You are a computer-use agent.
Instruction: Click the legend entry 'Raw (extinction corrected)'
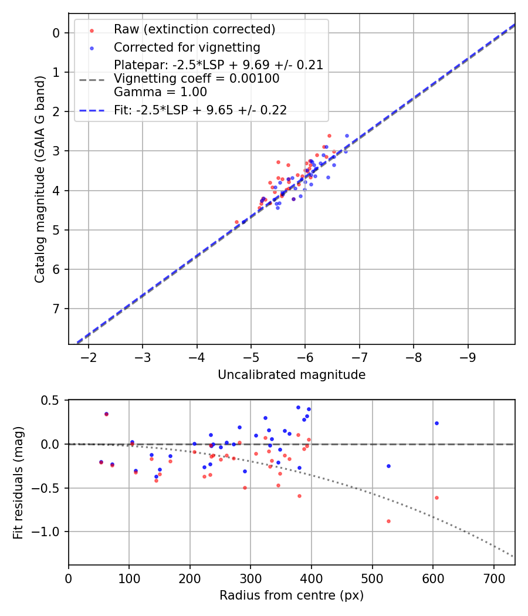(194, 29)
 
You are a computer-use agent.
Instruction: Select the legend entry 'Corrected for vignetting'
(187, 47)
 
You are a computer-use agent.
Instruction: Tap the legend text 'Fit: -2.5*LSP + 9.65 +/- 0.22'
(200, 110)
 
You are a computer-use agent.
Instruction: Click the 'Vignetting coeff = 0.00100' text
(197, 79)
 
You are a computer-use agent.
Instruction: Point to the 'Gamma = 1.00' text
(160, 92)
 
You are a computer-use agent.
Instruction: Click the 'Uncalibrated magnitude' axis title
(292, 375)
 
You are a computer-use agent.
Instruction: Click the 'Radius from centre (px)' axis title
(292, 595)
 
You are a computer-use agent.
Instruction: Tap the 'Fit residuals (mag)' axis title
(19, 482)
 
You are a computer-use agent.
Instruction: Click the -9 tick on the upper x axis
(468, 357)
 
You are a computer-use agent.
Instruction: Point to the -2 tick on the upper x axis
(89, 357)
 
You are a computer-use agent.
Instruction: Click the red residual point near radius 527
(388, 521)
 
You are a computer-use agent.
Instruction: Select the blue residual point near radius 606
(436, 423)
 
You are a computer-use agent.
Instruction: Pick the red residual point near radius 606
(436, 497)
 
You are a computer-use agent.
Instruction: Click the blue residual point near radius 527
(388, 466)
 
